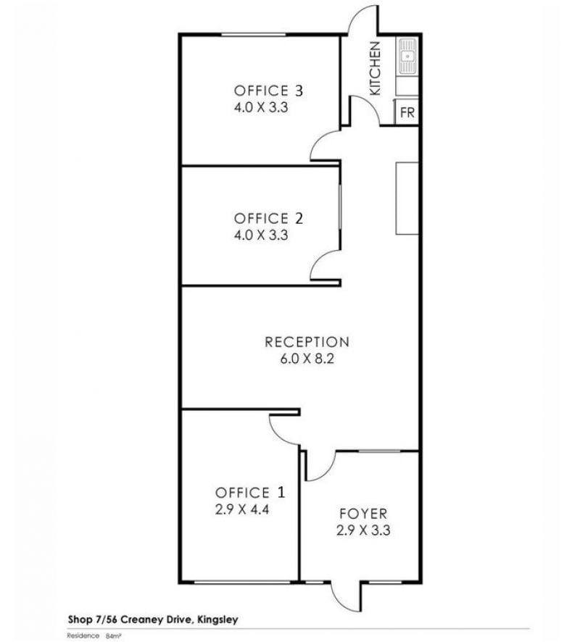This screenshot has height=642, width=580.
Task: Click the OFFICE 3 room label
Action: pyautogui.click(x=268, y=91)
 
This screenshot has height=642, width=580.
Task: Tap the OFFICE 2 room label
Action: pyautogui.click(x=268, y=218)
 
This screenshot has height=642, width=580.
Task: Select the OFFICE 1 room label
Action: pyautogui.click(x=250, y=492)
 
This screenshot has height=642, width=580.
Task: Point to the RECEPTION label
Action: pyautogui.click(x=307, y=342)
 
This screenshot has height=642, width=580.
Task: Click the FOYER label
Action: pyautogui.click(x=363, y=514)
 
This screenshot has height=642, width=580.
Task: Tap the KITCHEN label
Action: pyautogui.click(x=375, y=68)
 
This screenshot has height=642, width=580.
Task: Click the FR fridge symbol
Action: pyautogui.click(x=407, y=112)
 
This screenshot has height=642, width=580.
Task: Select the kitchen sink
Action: pyautogui.click(x=408, y=56)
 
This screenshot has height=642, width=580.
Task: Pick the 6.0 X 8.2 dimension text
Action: pyautogui.click(x=307, y=359)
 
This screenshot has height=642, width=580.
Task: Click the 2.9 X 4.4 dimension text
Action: pyautogui.click(x=242, y=509)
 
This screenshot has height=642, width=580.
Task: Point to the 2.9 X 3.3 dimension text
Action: pyautogui.click(x=363, y=530)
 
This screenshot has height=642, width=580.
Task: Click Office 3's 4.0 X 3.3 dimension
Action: pyautogui.click(x=261, y=108)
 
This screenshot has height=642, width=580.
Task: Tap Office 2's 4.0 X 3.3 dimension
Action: pyautogui.click(x=261, y=235)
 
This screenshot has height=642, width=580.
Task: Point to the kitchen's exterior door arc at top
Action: pyautogui.click(x=357, y=14)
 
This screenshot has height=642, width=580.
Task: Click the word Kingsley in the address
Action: pyautogui.click(x=217, y=620)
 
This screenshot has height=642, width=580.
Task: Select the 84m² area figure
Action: pyautogui.click(x=113, y=636)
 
